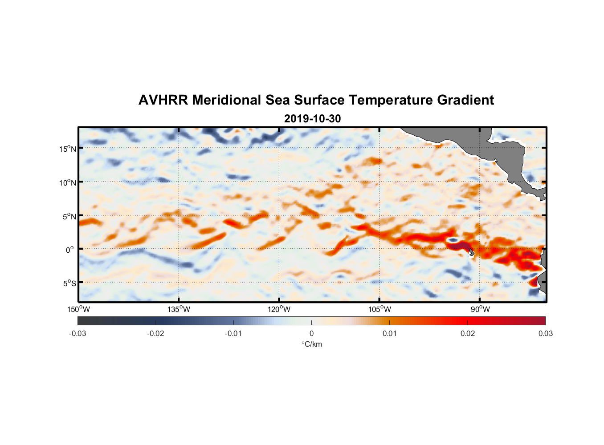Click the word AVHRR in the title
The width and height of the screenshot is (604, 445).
click(163, 100)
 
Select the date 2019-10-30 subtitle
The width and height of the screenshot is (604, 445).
click(312, 118)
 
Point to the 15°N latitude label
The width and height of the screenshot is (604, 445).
click(68, 149)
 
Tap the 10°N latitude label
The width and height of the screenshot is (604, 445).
click(68, 182)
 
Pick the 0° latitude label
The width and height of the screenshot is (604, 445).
click(70, 250)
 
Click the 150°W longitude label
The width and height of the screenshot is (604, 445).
click(79, 309)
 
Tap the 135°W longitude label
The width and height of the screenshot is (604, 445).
click(179, 309)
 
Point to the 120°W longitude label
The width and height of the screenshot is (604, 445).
click(279, 309)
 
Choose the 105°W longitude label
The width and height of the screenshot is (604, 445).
click(380, 309)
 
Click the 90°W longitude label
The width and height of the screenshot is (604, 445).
click(480, 309)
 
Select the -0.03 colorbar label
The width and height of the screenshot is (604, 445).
click(78, 333)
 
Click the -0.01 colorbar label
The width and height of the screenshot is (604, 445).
click(233, 333)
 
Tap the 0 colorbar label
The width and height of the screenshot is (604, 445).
click(311, 333)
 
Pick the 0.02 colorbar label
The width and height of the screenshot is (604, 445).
click(468, 333)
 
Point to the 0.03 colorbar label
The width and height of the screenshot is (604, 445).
click(545, 333)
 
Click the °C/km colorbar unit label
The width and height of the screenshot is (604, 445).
click(311, 344)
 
